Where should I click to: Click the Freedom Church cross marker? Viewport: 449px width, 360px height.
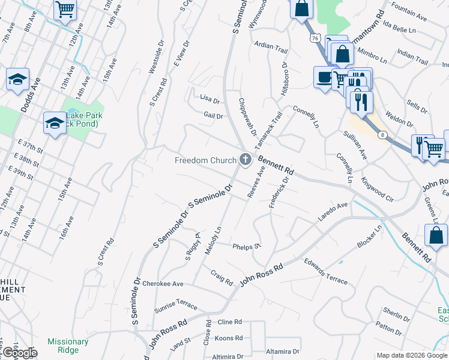(245, 160)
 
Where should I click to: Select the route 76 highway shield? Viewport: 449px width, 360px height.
(315, 37)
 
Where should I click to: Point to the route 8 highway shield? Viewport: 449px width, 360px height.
(382, 135)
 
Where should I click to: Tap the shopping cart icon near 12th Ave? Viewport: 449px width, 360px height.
(65, 10)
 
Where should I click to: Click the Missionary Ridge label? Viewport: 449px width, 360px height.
(68, 346)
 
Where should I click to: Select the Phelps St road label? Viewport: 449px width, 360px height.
(247, 246)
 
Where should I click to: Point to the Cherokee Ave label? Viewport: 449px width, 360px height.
(166, 284)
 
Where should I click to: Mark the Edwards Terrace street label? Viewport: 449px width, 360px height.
(325, 271)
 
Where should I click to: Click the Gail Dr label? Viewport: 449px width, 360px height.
(213, 115)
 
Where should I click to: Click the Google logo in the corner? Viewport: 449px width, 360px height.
(19, 353)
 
